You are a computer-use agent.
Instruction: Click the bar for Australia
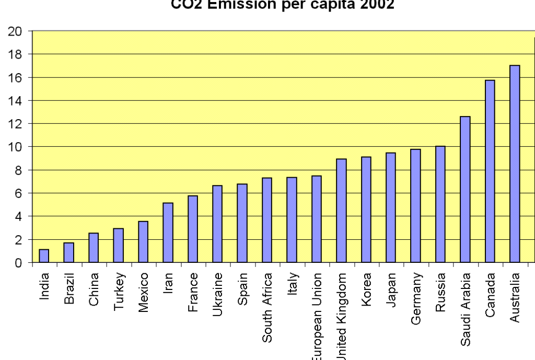[515, 164]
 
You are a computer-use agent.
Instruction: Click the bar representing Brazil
[68, 253]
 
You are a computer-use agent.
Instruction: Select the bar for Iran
[168, 233]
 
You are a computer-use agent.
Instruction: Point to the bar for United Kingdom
[341, 211]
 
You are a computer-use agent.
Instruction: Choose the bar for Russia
[440, 204]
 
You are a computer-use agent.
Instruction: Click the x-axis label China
[94, 289]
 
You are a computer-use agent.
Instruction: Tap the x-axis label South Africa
[267, 307]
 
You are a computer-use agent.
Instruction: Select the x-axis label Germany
[416, 298]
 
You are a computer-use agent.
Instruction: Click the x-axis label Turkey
[119, 292]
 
